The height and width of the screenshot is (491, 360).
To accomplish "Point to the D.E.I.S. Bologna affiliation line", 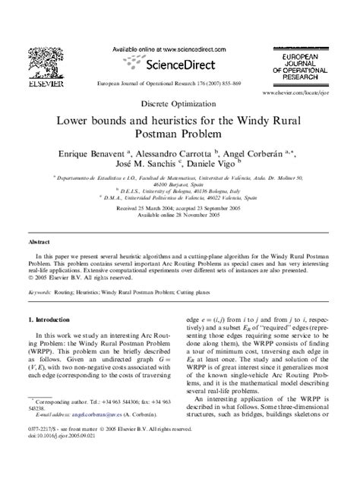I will click(x=180, y=192).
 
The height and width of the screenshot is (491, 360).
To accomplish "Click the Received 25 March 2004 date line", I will click(x=179, y=207).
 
